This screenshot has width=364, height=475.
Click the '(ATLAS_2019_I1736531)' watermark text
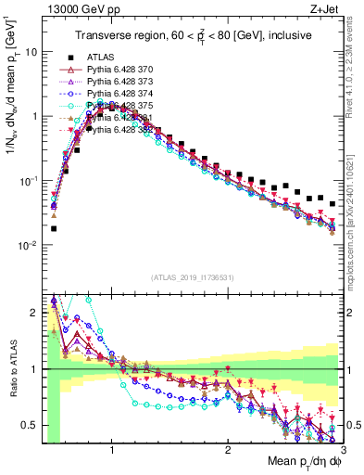pyautogui.click(x=192, y=277)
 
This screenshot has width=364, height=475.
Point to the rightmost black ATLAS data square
pyautogui.click(x=333, y=204)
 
